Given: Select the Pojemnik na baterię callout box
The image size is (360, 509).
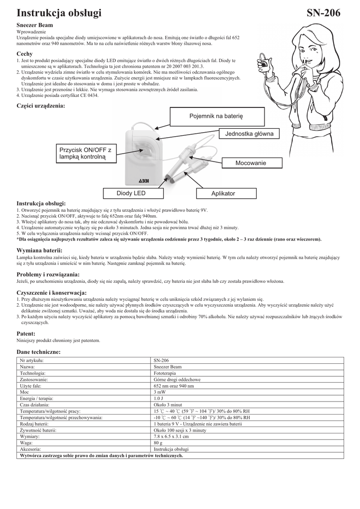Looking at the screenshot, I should [216, 116].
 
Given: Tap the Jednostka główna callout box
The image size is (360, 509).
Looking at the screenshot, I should [249, 134].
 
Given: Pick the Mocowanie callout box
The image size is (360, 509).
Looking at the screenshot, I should [251, 163].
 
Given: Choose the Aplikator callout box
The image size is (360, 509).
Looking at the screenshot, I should [223, 193].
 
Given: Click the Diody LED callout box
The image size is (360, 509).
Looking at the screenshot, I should [131, 193].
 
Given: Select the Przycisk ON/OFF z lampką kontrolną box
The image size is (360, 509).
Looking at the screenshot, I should [85, 153].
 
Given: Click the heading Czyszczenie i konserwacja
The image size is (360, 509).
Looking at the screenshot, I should [52, 292].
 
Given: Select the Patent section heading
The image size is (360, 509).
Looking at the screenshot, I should [26, 333].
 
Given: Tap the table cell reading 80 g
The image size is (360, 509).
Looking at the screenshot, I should [158, 442].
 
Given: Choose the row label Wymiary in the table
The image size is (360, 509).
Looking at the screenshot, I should [31, 436].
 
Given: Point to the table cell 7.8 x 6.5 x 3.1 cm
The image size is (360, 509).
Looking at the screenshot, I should [171, 436].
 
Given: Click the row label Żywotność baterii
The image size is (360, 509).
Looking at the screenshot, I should [38, 429].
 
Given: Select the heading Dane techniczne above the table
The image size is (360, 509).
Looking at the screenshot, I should [38, 351].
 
